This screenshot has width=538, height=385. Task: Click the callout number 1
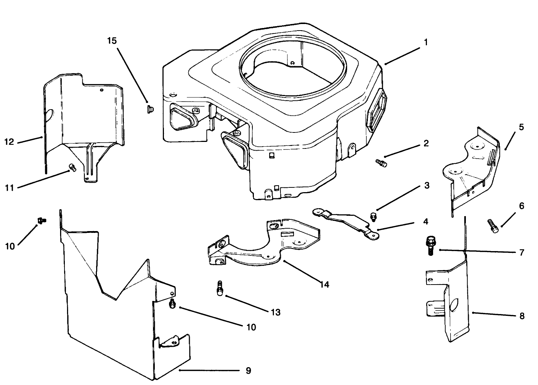coord(426,43)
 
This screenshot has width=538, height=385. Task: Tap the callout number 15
coord(112,40)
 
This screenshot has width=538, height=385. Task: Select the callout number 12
coord(9,142)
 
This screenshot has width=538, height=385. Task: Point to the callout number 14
coord(324,284)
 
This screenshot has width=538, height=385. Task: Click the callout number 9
coord(248,371)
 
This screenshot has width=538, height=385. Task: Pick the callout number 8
coord(522,316)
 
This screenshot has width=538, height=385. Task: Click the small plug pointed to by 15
coord(150,108)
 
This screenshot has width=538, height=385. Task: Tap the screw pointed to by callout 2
coord(381,163)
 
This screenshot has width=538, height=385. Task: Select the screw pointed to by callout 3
coord(373,216)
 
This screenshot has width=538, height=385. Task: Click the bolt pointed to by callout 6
coord(493,226)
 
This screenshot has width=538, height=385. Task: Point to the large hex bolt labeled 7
coord(430,245)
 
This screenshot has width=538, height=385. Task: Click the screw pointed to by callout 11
coord(72,168)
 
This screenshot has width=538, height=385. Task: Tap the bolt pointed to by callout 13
coord(220,289)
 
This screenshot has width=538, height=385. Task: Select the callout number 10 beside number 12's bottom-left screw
coord(10,246)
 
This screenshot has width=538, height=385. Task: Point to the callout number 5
coord(521,127)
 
